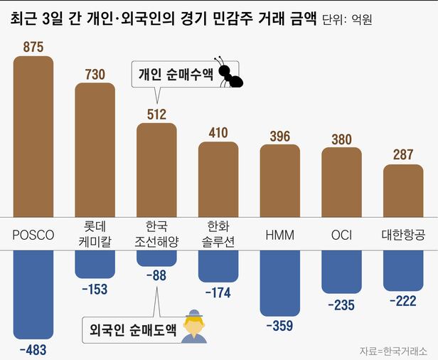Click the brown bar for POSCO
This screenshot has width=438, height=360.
(33, 135)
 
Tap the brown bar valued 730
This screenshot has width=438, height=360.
(95, 149)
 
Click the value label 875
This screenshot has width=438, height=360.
(33, 48)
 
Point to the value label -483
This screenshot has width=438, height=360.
(33, 349)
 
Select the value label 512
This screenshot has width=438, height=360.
(156, 114)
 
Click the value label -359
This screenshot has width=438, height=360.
(280, 326)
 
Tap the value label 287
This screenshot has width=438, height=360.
(403, 155)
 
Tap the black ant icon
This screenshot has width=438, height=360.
(230, 74)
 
